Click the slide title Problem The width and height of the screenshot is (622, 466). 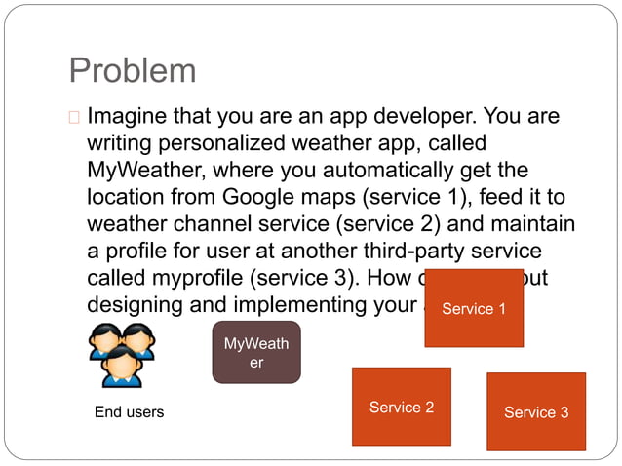click(x=133, y=70)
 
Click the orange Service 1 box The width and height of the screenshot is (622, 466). click(x=474, y=307)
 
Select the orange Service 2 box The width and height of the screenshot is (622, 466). click(x=401, y=406)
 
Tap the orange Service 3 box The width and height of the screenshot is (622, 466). click(x=535, y=410)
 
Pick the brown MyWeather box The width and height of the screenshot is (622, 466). click(x=256, y=352)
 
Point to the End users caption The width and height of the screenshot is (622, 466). click(x=129, y=412)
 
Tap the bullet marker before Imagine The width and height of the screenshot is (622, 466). click(x=74, y=119)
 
